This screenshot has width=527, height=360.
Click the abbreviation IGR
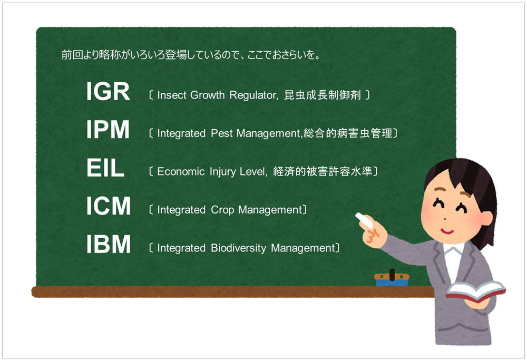(x=108, y=91)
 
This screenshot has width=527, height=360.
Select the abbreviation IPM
(x=108, y=130)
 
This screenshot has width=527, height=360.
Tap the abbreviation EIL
(x=105, y=168)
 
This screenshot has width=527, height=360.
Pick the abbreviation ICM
(x=108, y=206)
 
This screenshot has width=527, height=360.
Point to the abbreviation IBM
(x=108, y=244)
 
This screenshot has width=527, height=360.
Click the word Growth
(x=207, y=95)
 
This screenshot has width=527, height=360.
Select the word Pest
(x=222, y=133)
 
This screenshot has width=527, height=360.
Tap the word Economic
(x=181, y=171)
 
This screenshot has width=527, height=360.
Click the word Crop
(x=222, y=210)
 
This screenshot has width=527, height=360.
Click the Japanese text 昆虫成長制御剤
(x=323, y=95)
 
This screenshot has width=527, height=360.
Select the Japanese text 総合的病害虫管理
(x=348, y=133)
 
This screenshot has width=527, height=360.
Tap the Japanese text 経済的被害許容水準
(x=323, y=171)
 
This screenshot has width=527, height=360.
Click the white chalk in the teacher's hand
(x=364, y=219)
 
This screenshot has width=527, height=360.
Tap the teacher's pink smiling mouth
(x=447, y=231)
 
